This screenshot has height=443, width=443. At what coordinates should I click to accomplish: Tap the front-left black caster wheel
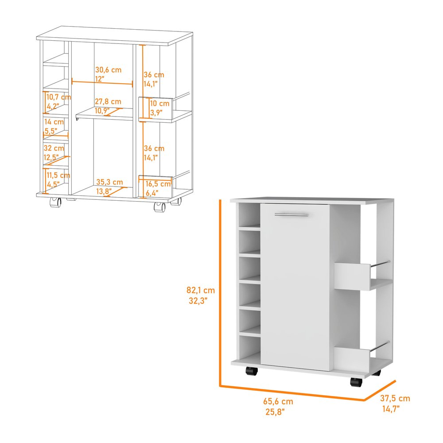pyautogui.click(x=251, y=371)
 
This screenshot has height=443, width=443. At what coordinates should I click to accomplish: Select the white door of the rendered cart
pyautogui.click(x=295, y=292)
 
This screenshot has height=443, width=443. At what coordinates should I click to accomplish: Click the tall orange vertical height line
pyautogui.click(x=220, y=292)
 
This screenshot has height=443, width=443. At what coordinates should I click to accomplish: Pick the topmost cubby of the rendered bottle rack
pyautogui.click(x=249, y=214)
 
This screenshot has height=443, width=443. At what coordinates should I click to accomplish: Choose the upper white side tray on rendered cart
pyautogui.click(x=351, y=276)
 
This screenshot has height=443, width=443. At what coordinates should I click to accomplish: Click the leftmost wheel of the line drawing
pyautogui.click(x=55, y=202)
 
